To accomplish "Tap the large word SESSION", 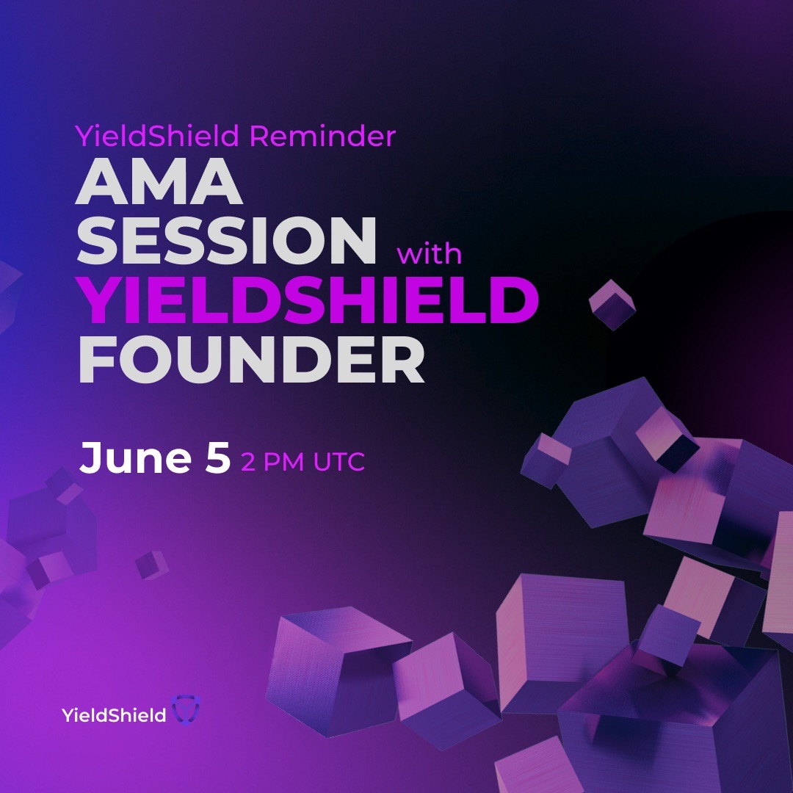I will (x=227, y=242).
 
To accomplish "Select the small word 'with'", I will (x=430, y=254).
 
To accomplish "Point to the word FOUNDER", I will (x=251, y=361).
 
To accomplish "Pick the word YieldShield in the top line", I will (x=158, y=136).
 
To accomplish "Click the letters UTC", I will (x=339, y=463).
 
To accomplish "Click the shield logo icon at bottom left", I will (x=184, y=709).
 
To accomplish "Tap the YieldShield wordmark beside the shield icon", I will (x=115, y=714).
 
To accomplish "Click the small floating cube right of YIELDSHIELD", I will (x=612, y=303).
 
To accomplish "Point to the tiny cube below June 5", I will (x=151, y=565).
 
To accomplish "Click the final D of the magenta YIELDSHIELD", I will (x=513, y=301).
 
